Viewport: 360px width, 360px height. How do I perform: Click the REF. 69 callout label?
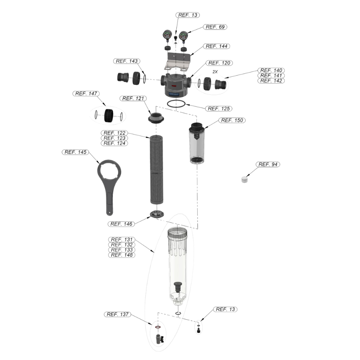tap(215, 27)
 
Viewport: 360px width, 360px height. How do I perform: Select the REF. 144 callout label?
tap(216, 46)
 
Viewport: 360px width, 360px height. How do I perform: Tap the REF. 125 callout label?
tap(218, 108)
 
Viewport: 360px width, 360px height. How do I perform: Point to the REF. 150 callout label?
tap(232, 120)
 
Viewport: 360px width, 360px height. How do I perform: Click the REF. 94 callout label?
tap(268, 164)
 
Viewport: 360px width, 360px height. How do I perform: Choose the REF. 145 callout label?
tap(75, 152)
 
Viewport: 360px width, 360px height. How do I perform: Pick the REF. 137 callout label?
tap(118, 314)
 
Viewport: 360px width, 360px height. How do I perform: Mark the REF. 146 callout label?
tap(121, 224)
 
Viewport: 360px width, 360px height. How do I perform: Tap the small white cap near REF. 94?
tap(245, 179)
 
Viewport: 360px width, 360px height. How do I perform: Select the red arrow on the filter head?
tap(174, 86)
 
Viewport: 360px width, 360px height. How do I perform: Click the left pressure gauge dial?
tap(167, 35)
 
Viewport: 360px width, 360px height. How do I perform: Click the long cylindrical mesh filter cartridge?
tap(156, 170)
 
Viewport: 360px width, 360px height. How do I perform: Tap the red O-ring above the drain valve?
tap(158, 327)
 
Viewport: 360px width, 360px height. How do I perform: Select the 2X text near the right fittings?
tap(215, 72)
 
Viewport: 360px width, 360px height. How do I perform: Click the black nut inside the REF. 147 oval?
tap(108, 116)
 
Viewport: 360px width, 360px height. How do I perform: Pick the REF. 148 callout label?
tap(122, 255)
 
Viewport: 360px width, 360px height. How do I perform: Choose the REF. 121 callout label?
tap(133, 98)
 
